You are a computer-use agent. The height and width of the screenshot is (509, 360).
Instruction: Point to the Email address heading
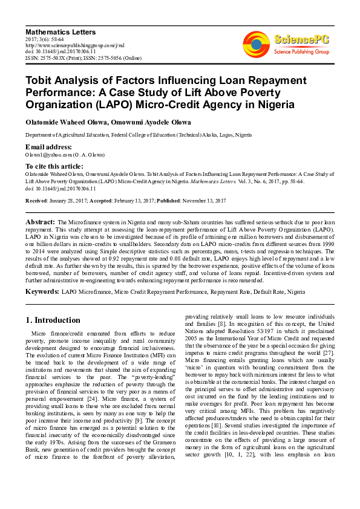pyautogui.click(x=48, y=147)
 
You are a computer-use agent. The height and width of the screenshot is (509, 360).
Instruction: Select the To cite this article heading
pyautogui.click(x=54, y=166)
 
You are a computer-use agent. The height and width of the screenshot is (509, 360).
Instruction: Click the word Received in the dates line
pyautogui.click(x=36, y=201)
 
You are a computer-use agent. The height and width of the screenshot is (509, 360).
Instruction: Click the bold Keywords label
pyautogui.click(x=42, y=291)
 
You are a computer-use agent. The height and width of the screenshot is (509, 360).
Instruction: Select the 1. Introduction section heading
pyautogui.click(x=53, y=320)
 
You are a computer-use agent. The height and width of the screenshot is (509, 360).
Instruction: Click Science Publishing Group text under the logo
pyautogui.click(x=301, y=52)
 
